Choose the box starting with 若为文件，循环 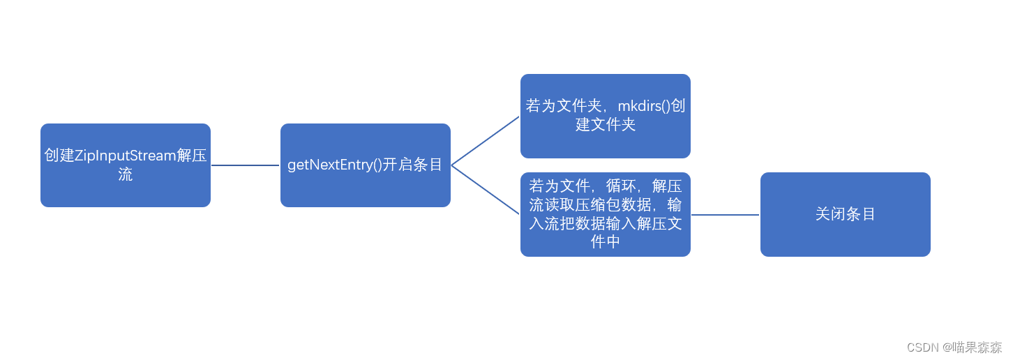(605, 213)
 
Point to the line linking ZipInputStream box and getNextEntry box (245, 165)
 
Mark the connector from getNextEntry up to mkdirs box (486, 141)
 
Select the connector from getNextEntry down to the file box (486, 190)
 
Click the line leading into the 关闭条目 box (725, 215)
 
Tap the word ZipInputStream (125, 156)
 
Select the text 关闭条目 (845, 214)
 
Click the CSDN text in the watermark (922, 347)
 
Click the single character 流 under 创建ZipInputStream (126, 174)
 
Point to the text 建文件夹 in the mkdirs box (605, 125)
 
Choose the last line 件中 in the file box (605, 242)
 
